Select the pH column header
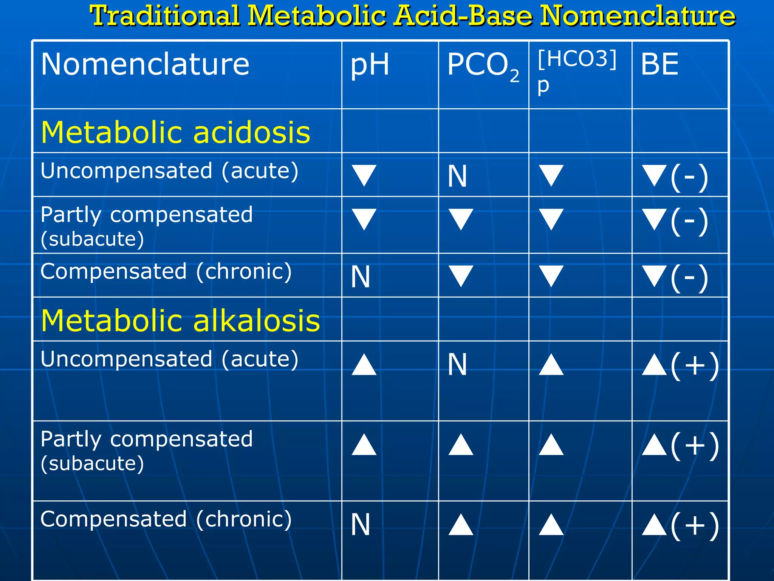(x=370, y=64)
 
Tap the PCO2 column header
(x=483, y=66)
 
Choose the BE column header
(x=659, y=64)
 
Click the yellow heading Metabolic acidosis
(x=175, y=132)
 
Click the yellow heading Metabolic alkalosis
(x=180, y=321)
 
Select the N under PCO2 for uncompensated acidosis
(x=457, y=176)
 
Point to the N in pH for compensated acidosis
(x=360, y=277)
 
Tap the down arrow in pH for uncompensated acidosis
(x=364, y=175)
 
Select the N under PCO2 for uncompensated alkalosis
(x=457, y=365)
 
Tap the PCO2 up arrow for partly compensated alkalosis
(x=461, y=445)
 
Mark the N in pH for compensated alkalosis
(x=360, y=525)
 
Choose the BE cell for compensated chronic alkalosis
(x=680, y=525)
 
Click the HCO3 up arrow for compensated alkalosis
(x=551, y=525)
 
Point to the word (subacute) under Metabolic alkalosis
(x=92, y=463)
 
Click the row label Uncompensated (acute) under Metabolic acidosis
(x=169, y=171)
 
